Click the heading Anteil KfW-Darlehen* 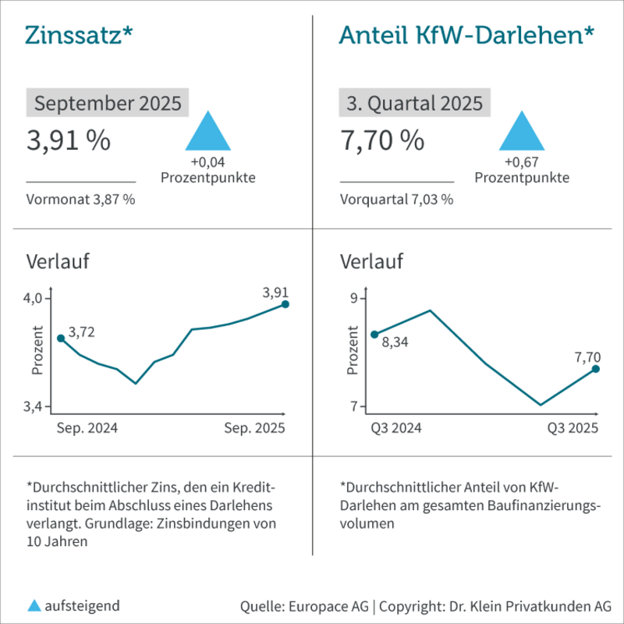click(466, 35)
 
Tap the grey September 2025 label click(108, 103)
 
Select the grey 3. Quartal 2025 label click(414, 103)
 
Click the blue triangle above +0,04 click(208, 133)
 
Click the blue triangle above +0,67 click(522, 133)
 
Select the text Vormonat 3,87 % click(80, 199)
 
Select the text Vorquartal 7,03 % click(397, 199)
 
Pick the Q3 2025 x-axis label click(572, 428)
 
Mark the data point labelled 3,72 click(61, 339)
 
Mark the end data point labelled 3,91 click(285, 304)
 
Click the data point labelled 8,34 click(374, 334)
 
